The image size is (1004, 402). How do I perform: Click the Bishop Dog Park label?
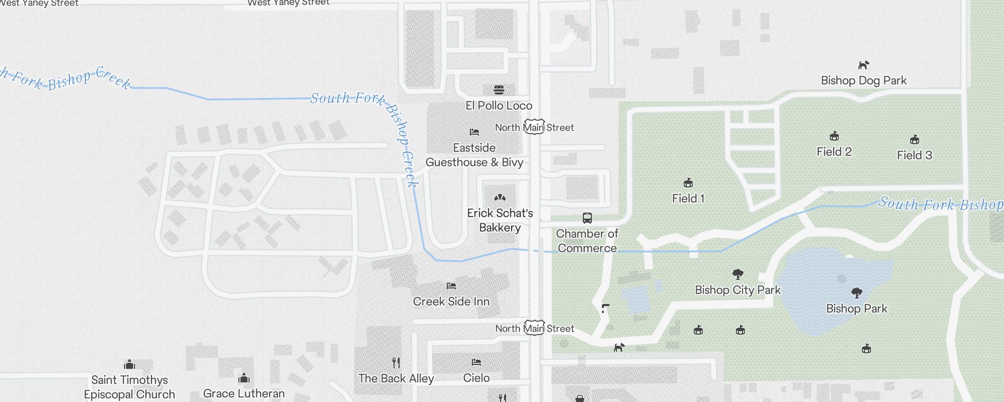coord(863,80)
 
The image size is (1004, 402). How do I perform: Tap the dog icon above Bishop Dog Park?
coord(863,65)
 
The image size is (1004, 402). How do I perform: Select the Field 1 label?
coord(688,198)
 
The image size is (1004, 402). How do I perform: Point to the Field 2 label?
coord(834,152)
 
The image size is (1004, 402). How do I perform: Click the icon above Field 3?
coord(915,140)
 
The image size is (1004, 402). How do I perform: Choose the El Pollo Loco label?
coord(498,106)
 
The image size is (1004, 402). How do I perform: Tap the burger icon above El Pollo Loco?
coord(498,90)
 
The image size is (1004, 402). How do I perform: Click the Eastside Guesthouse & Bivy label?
coord(474,155)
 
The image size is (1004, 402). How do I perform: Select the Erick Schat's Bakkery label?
coord(500,220)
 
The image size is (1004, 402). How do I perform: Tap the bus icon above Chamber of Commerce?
coord(587,218)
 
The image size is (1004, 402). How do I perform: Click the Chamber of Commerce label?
coord(587,241)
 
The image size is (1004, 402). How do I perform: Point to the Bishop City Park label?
coord(737,290)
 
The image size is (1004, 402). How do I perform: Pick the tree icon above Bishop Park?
coord(857,293)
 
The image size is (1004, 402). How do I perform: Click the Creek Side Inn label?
coord(451,301)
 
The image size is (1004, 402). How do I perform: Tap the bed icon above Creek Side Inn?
coord(451,286)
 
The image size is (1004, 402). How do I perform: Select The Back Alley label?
coord(396,378)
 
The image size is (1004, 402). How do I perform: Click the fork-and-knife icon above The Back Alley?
coord(396,362)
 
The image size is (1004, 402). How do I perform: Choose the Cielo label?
coord(476,378)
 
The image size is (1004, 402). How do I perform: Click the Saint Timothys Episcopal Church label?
coord(130,387)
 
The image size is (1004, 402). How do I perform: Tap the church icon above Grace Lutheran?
coord(244,378)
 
